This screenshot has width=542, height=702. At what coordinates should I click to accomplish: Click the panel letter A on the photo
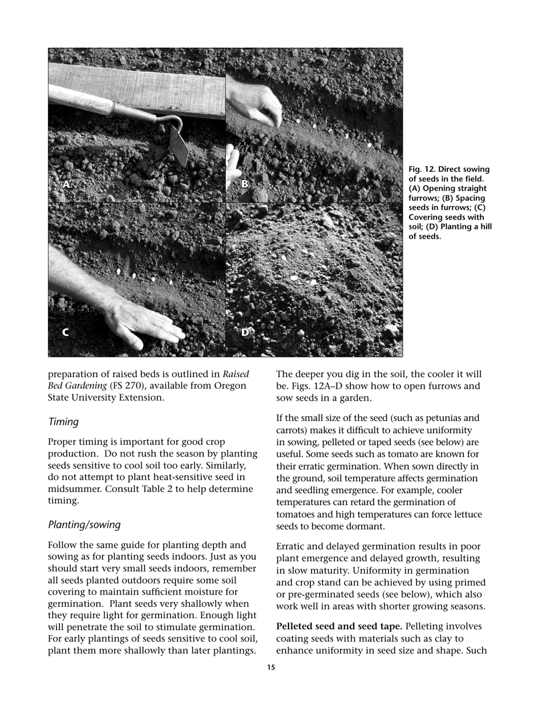66,184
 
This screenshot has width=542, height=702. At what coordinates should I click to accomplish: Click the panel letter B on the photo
245,184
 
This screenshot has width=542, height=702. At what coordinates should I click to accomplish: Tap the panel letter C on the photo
65,332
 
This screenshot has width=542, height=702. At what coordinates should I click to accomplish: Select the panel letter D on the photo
245,332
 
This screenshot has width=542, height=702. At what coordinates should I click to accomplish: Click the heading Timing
63,422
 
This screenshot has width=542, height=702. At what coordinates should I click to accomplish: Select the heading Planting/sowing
84,525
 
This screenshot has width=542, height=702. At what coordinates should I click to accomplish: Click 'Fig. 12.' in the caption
423,169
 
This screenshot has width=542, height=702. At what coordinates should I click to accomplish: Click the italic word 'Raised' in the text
236,374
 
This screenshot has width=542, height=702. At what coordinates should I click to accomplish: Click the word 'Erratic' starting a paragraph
292,546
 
